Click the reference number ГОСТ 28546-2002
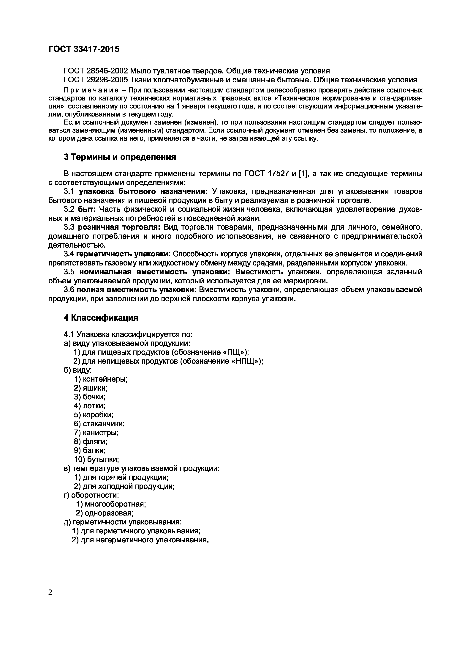pyautogui.click(x=94, y=71)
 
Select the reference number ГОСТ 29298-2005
pyautogui.click(x=94, y=80)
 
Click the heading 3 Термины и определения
pyautogui.click(x=120, y=157)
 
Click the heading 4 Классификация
pyautogui.click(x=101, y=318)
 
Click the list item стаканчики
pyautogui.click(x=104, y=424)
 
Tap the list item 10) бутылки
pyautogui.click(x=96, y=459)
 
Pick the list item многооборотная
pyautogui.click(x=115, y=504)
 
